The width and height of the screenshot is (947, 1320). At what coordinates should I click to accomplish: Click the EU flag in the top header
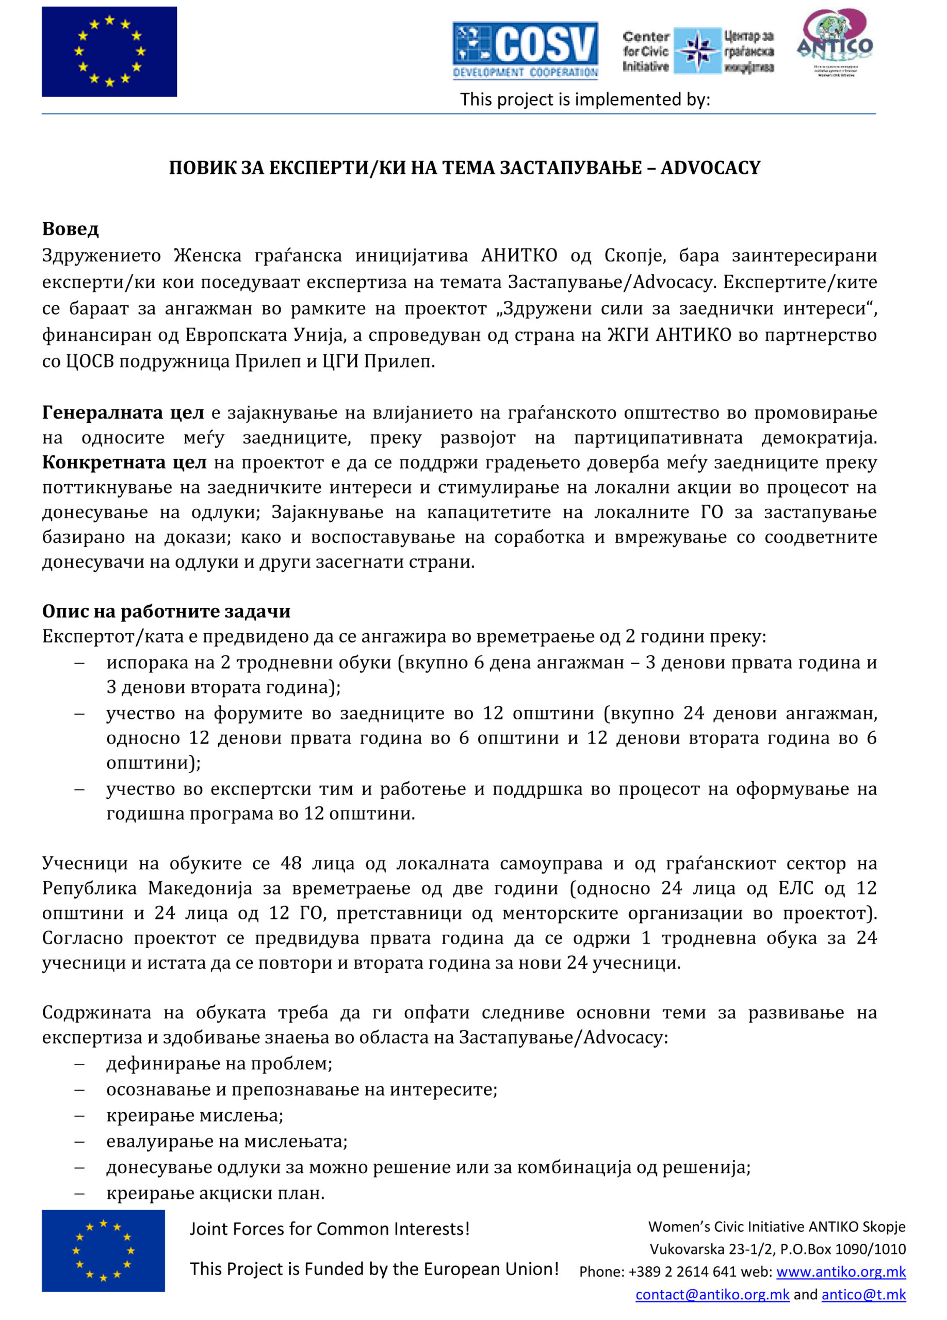coord(109,52)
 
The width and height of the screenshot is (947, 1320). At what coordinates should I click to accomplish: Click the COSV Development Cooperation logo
coord(525,51)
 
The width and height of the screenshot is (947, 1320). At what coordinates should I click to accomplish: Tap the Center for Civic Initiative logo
coord(697,51)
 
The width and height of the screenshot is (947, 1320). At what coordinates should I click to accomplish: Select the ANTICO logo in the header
coord(834,42)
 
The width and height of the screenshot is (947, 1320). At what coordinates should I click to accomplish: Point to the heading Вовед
coord(71,229)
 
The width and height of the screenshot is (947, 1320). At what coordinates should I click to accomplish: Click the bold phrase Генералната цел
coord(123,412)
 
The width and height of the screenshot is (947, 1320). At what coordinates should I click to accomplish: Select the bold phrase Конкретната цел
coord(124,462)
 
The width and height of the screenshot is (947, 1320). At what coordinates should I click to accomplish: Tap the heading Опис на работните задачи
coord(166,611)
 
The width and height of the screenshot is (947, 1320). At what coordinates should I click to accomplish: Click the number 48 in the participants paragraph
coord(291,863)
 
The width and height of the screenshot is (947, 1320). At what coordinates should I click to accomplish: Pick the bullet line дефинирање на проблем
coord(219,1063)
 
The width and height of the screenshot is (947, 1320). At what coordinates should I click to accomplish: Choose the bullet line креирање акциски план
coord(216,1193)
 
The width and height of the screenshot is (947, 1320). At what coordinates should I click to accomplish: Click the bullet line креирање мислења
coord(194,1115)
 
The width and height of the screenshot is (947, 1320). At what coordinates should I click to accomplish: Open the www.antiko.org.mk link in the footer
coord(840,1272)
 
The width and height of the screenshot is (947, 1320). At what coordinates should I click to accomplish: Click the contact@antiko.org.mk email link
coord(712,1294)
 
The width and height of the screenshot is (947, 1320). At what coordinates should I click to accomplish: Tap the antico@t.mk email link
coord(863,1294)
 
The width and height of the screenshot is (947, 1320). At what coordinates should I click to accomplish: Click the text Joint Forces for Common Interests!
coord(330,1229)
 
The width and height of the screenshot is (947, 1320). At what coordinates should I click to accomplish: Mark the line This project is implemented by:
coord(584,100)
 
